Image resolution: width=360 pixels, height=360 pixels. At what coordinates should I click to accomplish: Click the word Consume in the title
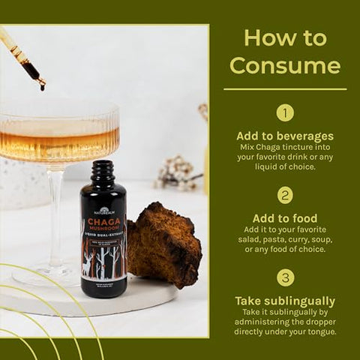(x=285, y=65)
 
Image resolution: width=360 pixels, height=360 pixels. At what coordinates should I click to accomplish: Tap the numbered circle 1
(x=285, y=112)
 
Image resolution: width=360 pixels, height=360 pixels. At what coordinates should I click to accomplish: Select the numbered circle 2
(x=285, y=195)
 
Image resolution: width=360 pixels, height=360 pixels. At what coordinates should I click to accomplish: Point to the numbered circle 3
(x=285, y=277)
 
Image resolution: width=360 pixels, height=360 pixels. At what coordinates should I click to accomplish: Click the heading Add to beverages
(x=285, y=136)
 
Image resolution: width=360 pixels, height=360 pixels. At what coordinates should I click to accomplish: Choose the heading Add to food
(x=285, y=218)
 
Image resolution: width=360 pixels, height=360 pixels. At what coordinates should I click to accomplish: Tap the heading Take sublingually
(x=285, y=301)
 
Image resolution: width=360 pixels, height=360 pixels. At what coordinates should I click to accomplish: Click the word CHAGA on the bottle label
(x=103, y=222)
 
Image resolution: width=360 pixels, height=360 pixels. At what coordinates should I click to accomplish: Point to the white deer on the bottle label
(x=91, y=266)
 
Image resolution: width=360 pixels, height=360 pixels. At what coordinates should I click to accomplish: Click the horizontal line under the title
(x=285, y=90)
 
